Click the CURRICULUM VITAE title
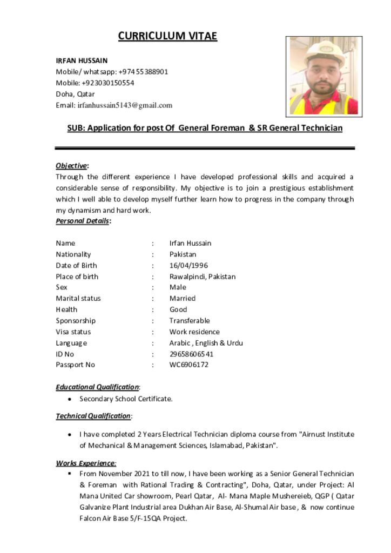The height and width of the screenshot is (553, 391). tap(167, 36)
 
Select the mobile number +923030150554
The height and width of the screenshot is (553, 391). tap(108, 83)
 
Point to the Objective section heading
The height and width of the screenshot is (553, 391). tap(71, 166)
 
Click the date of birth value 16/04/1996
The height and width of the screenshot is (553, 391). tap(188, 265)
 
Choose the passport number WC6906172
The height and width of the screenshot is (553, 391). tap(188, 365)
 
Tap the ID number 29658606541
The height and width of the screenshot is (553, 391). tap(191, 354)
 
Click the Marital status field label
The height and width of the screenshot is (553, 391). tap(78, 298)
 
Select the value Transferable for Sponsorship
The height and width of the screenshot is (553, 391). tap(190, 320)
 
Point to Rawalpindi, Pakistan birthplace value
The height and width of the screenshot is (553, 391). tap(202, 276)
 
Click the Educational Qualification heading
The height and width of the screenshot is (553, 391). tap(97, 387)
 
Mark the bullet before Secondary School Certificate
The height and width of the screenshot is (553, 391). tap(70, 399)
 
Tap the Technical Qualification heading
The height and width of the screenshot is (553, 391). tap(93, 416)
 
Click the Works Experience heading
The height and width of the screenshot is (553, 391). tap(85, 463)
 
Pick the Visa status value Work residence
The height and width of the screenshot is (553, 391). tap(194, 332)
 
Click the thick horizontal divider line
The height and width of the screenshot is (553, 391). tap(205, 148)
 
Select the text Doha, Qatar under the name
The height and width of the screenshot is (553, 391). tap(75, 94)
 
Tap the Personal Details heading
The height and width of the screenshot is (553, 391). tap(83, 221)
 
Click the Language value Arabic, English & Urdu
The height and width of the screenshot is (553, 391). tap(206, 343)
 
